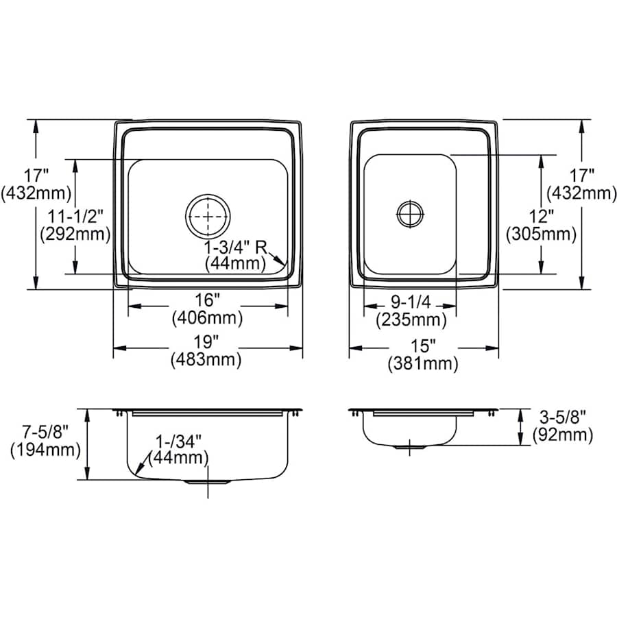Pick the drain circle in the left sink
(207, 217)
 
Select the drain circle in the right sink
(409, 213)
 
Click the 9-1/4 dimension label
(411, 300)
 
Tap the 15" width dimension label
(424, 346)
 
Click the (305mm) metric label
(541, 234)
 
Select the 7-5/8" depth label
(45, 433)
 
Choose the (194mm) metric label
(45, 450)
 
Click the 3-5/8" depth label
(561, 416)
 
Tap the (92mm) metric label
(561, 434)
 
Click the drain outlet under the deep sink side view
(207, 482)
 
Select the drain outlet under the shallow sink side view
(409, 446)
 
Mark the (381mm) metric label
(424, 364)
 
